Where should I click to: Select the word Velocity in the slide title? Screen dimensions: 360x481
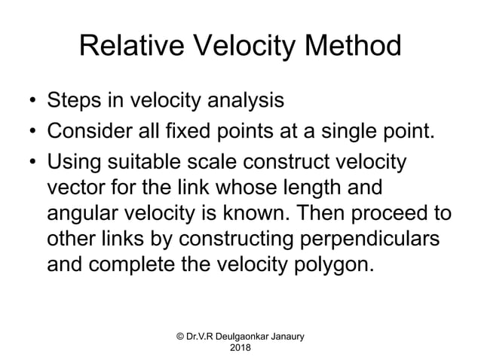(x=244, y=48)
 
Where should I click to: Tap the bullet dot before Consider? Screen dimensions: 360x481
(x=32, y=134)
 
